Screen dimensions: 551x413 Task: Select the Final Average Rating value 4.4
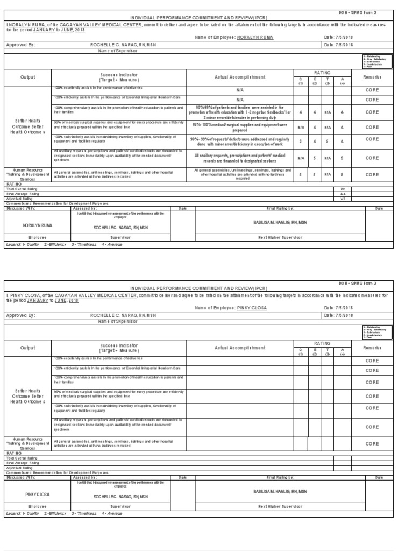coord(342,194)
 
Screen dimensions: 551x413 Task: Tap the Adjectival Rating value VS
coord(342,199)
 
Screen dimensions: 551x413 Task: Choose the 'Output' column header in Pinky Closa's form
coord(28,348)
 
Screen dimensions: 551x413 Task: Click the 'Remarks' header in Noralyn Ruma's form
coord(372,77)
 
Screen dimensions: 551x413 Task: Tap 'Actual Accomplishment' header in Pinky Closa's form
coord(240,348)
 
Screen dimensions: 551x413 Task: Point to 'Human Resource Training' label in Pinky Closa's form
coord(28,443)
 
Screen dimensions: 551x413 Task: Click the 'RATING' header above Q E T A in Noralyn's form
coord(322,73)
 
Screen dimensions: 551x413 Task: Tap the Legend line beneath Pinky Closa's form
coord(64,514)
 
